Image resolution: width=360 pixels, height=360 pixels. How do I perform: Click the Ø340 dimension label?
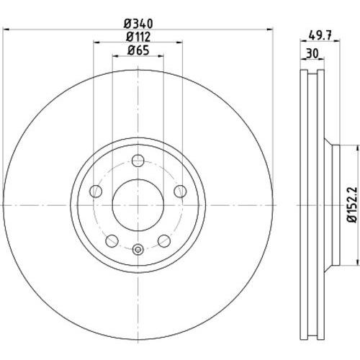click(138, 24)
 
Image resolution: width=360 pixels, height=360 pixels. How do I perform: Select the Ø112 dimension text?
click(138, 37)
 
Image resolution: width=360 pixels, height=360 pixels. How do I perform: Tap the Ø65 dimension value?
click(138, 50)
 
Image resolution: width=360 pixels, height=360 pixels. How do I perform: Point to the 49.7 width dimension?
click(320, 36)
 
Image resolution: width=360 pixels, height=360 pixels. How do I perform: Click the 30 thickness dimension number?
click(312, 53)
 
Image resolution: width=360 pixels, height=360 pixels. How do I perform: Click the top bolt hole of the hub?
click(138, 161)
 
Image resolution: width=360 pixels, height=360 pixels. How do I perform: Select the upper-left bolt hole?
click(96, 191)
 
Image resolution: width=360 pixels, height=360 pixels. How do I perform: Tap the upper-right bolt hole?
click(180, 191)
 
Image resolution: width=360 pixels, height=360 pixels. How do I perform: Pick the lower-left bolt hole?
click(112, 240)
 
